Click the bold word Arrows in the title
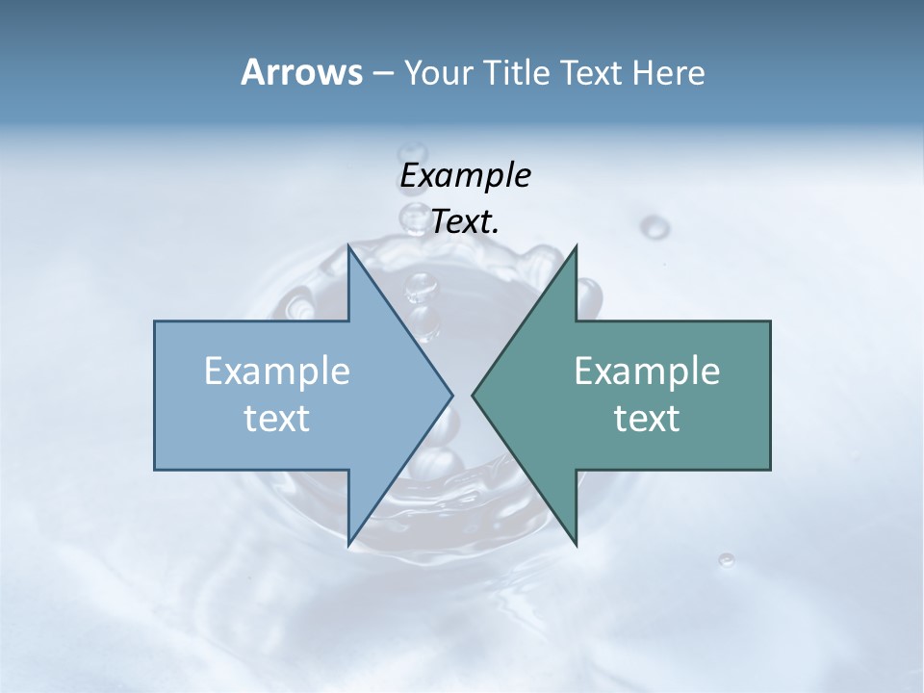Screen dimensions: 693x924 (300, 72)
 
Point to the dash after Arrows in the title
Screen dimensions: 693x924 (381, 74)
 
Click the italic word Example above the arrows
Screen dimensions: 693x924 (465, 175)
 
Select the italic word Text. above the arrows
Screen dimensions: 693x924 (465, 222)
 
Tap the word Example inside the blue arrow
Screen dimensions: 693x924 (277, 371)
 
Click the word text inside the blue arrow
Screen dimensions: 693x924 (277, 418)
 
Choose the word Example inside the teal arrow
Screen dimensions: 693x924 (647, 371)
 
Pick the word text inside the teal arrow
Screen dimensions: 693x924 (647, 418)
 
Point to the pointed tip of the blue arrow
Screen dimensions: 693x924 (452, 395)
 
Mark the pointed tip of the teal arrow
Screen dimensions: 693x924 (473, 395)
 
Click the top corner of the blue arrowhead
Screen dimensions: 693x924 (348, 246)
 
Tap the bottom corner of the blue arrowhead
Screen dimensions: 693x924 (348, 545)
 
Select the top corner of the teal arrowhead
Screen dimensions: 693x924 (576, 246)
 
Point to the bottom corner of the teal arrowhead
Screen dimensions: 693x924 (576, 545)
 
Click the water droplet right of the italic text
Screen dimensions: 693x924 (655, 227)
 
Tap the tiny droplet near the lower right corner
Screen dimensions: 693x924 (727, 559)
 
